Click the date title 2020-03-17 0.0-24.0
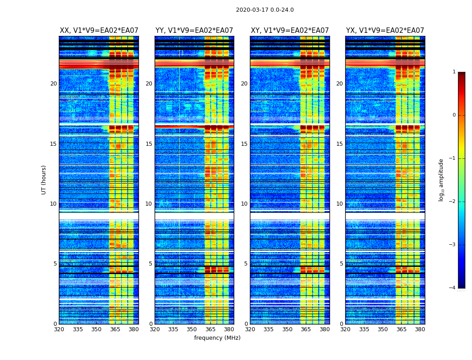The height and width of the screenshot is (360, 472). pos(265,10)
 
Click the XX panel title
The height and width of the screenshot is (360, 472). pos(99,31)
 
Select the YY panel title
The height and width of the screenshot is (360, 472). pos(194,31)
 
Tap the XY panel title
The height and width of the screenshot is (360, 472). pos(290,31)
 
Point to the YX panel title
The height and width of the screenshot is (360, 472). pos(385,31)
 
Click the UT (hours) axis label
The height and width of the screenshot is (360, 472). pos(44,180)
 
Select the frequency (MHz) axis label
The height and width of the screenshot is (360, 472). pos(217,338)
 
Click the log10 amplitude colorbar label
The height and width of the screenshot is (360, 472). pos(441,180)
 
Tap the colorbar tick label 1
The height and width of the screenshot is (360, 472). pos(454,72)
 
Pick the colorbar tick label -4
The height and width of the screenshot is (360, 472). pos(453,288)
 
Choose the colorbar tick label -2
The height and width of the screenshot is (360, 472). pos(453,202)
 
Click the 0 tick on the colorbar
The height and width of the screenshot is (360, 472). pos(454,115)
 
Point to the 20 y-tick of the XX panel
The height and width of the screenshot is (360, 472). pos(53,84)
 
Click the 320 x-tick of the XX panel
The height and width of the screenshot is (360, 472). pos(59,329)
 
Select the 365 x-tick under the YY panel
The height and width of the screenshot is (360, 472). pos(210,329)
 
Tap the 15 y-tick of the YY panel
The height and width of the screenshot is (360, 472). pos(149,144)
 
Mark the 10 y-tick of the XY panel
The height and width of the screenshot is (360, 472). pos(244,204)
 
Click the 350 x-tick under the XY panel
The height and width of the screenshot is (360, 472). pos(287,329)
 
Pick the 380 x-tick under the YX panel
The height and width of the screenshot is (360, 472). pos(420,329)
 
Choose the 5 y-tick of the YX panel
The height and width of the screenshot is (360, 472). pos(341,264)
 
